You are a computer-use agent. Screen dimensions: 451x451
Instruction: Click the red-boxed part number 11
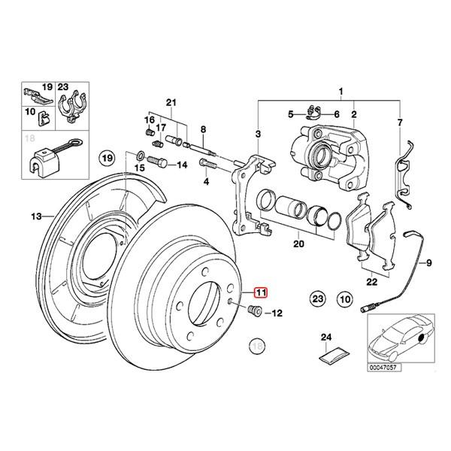(260, 293)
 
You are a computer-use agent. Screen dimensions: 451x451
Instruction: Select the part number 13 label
(36, 216)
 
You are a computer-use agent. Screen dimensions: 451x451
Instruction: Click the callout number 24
(325, 337)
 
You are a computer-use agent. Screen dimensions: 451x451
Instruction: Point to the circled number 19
(107, 159)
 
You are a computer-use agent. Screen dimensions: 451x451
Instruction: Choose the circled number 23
(317, 299)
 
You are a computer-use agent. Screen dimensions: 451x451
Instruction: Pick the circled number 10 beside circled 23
(345, 299)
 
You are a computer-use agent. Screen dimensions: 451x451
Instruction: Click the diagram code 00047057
(384, 368)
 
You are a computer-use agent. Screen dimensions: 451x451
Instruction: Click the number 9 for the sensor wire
(431, 264)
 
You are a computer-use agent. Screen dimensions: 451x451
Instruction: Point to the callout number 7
(400, 121)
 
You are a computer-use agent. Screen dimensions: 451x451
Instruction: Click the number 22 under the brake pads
(371, 282)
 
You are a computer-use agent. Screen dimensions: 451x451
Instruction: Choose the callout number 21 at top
(170, 102)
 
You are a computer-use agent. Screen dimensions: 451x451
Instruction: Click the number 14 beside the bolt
(181, 165)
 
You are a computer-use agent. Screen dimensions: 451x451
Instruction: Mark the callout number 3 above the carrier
(258, 134)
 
